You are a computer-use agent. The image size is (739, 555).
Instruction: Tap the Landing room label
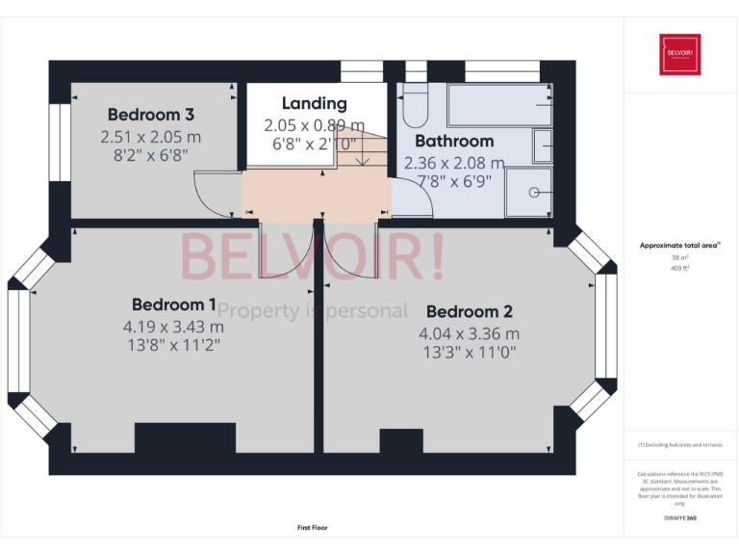click(x=314, y=103)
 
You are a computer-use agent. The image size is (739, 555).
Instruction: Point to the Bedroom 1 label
click(x=174, y=304)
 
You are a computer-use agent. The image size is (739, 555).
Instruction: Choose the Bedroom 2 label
click(x=469, y=311)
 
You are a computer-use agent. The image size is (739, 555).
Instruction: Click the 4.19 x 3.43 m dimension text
click(x=174, y=326)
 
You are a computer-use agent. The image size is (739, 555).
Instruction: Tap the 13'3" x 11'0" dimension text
click(x=469, y=353)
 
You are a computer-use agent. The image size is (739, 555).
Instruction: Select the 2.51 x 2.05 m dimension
click(x=151, y=136)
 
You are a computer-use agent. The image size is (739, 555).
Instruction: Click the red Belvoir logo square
click(x=679, y=54)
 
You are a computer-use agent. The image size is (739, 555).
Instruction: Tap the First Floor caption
click(x=313, y=528)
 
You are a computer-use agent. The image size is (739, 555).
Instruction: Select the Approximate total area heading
click(x=678, y=246)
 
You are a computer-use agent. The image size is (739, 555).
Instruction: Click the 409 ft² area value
click(x=679, y=268)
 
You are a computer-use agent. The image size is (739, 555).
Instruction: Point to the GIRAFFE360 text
click(x=679, y=518)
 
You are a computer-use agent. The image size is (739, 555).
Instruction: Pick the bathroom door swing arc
click(x=412, y=198)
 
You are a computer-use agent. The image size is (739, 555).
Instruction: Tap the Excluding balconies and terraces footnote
click(x=679, y=445)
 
